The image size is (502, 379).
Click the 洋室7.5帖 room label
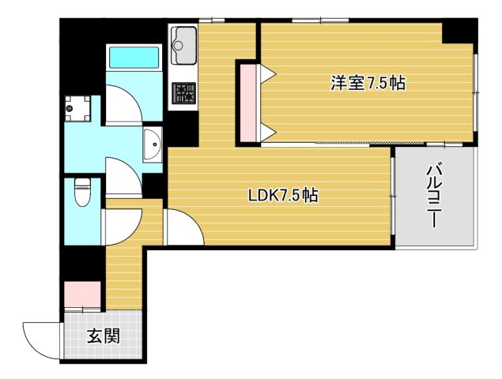(368, 83)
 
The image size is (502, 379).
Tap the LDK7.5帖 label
(283, 195)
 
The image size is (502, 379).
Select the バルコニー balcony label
(434, 197)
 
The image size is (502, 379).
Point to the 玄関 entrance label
(104, 336)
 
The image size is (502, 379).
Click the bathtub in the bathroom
(134, 58)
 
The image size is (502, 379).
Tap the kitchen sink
(183, 46)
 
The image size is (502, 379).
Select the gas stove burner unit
(183, 93)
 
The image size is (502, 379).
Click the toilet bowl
(82, 192)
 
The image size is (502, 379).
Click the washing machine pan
(77, 108)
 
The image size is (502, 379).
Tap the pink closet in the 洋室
(248, 103)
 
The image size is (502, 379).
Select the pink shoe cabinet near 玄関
(82, 295)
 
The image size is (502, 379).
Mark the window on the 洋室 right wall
(476, 92)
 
